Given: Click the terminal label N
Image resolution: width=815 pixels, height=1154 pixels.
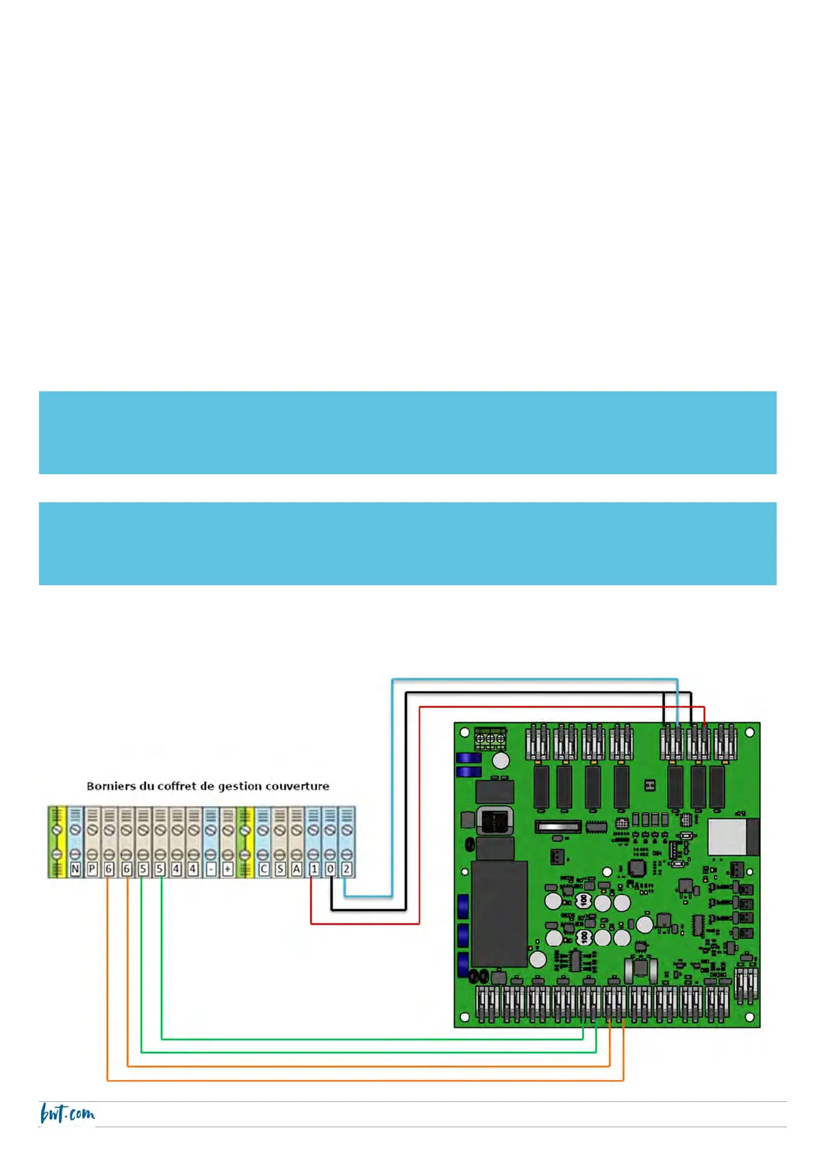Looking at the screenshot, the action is [x=75, y=869].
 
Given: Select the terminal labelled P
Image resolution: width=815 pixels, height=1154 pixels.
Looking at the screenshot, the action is [x=92, y=869].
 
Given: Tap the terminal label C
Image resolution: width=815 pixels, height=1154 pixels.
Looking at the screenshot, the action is [x=264, y=869].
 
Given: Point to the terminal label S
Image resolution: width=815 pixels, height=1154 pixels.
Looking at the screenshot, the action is [x=280, y=869].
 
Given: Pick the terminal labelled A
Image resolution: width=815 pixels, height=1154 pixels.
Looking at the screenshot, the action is [x=297, y=869].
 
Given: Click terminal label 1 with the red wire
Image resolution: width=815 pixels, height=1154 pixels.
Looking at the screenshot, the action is [x=314, y=869].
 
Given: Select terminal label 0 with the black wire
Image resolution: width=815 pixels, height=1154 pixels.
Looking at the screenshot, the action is [x=330, y=869].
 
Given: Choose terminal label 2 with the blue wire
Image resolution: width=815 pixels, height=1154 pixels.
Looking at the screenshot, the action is [x=347, y=869].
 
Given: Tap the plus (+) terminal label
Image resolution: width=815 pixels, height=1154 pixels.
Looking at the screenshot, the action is [x=227, y=869].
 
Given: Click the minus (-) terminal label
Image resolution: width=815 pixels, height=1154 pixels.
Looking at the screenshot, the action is [x=211, y=869].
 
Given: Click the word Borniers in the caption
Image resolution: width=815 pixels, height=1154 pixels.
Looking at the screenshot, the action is [x=107, y=786].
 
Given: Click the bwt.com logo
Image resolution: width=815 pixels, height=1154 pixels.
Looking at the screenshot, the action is [x=67, y=1114].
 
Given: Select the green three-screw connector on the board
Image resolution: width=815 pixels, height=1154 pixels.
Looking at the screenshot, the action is [x=490, y=739].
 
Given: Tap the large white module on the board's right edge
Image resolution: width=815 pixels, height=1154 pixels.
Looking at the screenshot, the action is [x=733, y=837].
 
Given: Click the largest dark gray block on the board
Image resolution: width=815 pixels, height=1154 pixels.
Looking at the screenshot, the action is [x=499, y=914].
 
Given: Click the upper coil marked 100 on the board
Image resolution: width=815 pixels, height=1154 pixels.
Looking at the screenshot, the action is [x=584, y=900].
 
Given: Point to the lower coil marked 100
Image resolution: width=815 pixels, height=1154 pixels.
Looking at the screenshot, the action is [x=584, y=937].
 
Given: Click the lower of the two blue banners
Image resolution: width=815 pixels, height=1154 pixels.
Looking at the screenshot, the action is [x=407, y=543].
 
